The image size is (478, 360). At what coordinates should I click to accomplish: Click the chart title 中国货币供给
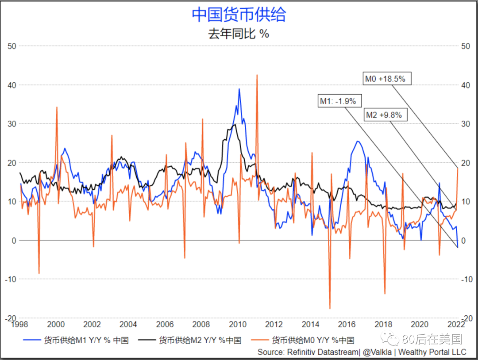coord(239,14)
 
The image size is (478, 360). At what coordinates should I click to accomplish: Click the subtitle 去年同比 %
coord(239,34)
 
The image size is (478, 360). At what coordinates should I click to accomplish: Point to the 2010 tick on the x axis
coord(238,324)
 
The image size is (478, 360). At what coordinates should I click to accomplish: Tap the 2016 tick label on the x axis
coord(347,324)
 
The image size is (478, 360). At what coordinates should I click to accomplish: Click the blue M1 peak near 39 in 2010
coord(239,89)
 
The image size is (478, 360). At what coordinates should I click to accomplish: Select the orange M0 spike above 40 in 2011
coord(257,75)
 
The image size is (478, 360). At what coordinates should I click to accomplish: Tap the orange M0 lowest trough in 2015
coord(330,308)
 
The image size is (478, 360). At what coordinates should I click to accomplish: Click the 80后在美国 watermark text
coord(432,339)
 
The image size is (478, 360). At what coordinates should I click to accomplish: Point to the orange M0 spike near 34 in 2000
coord(57,107)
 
